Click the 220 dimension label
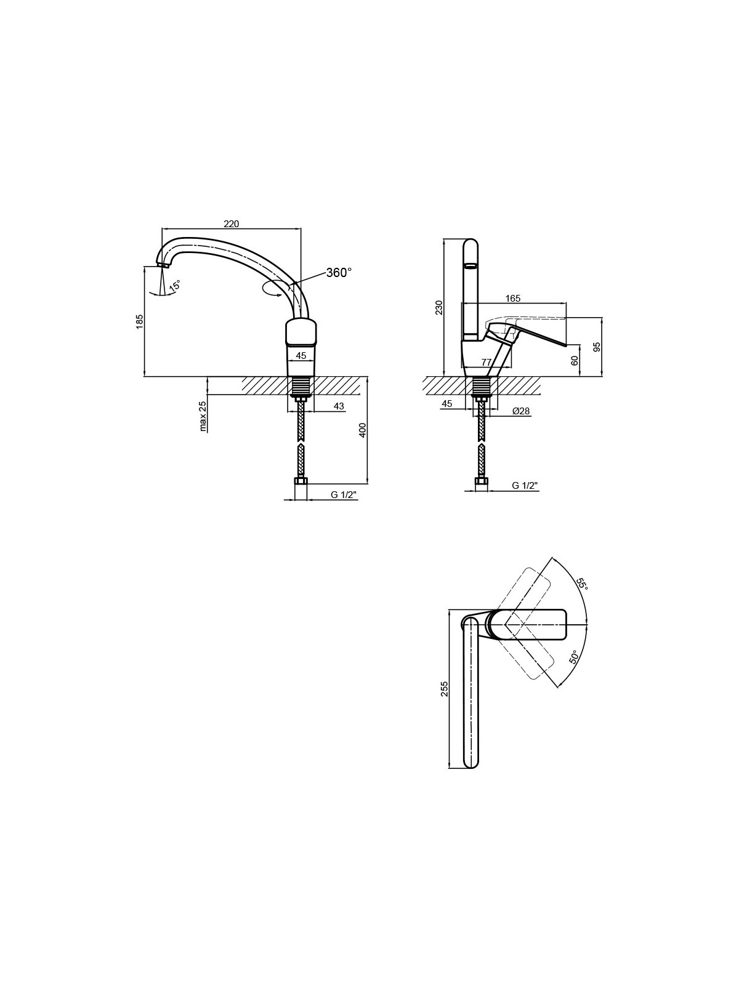coord(231,223)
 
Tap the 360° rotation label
coord(339,272)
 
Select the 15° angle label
coord(174,286)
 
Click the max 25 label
coord(203,416)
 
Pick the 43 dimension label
coord(339,406)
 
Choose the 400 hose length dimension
coord(363,430)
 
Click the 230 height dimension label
coord(439,307)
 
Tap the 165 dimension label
coord(512,298)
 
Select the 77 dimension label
coord(486,362)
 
